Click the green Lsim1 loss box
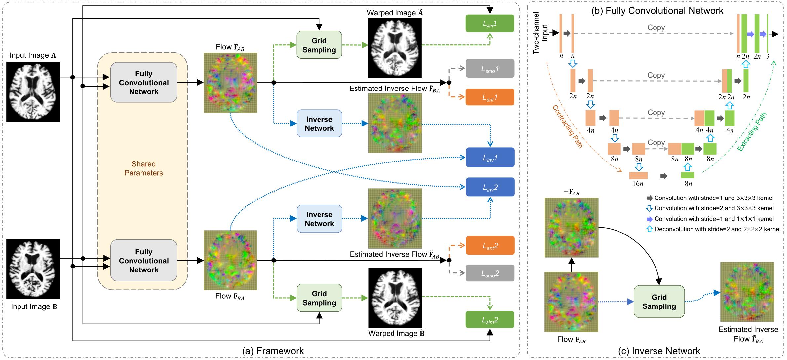coord(490,23)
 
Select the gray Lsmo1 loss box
coord(490,68)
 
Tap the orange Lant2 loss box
coord(490,245)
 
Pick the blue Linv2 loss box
coord(490,187)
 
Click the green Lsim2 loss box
coord(490,319)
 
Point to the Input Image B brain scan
coord(33,269)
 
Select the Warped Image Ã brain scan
coord(394,48)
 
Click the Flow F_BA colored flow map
coord(230,260)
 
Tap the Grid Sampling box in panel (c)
coord(659,302)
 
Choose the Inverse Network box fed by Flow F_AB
coord(319,124)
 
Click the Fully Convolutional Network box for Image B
coord(144,260)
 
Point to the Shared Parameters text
coord(143,168)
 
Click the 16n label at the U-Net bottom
coord(638,184)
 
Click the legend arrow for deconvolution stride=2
coord(649,229)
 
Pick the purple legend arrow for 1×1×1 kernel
coord(650,219)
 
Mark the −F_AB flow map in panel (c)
coord(571,227)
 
